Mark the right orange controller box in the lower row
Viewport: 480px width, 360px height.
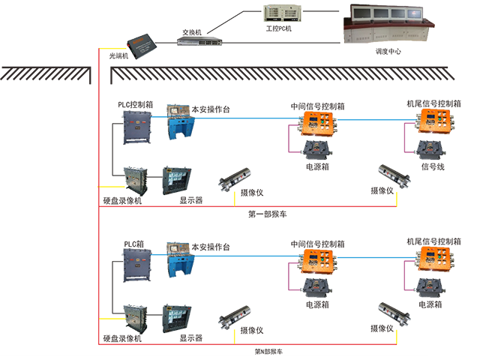pyautogui.click(x=435, y=259)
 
